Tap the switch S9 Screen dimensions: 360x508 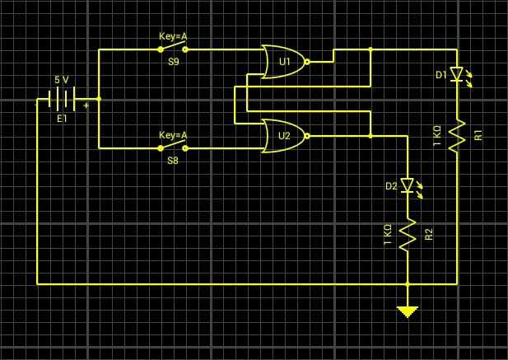173,49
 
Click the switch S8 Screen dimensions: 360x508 173,148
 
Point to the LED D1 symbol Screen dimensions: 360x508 457,74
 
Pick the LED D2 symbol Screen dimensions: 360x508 407,185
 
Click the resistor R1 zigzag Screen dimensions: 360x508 457,133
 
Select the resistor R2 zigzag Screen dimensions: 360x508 407,235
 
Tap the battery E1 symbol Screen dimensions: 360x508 62,101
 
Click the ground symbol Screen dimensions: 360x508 407,311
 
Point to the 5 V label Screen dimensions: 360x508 62,80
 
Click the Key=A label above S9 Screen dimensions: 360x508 173,36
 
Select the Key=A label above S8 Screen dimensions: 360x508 173,135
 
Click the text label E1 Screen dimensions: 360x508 62,119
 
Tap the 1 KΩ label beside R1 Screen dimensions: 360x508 437,135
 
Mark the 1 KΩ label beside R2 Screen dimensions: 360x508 388,235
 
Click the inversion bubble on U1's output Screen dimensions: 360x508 307,62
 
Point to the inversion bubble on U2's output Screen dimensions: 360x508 307,136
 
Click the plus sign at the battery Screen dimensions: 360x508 86,106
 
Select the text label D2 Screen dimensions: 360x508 390,187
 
